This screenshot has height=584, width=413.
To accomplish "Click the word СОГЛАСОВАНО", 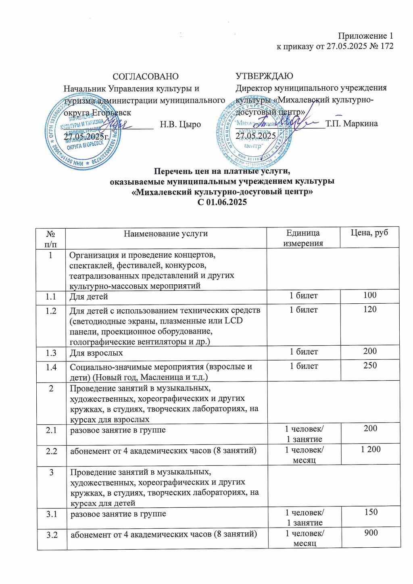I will click(x=145, y=77).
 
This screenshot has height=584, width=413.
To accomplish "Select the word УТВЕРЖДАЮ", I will click(x=264, y=76).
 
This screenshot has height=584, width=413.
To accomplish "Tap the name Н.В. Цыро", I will click(x=180, y=124).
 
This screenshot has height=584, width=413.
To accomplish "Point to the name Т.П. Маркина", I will click(x=352, y=123).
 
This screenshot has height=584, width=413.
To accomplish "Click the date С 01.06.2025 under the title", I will click(x=222, y=202).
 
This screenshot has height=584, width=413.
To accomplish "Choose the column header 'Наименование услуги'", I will click(x=166, y=234).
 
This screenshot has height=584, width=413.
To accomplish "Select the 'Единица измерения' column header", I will click(x=303, y=238).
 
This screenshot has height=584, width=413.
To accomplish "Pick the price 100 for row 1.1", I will click(x=369, y=295).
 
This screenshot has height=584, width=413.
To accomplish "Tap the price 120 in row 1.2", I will click(x=369, y=309).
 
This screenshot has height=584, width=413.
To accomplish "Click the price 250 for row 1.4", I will click(x=370, y=365).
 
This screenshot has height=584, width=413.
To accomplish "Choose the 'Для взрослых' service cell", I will click(x=96, y=353).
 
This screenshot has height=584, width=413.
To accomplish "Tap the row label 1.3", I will click(x=51, y=353).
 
